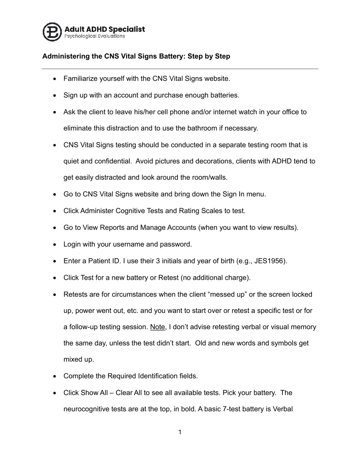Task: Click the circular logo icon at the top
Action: pos(52,32)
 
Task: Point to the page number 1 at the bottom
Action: pos(180,432)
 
